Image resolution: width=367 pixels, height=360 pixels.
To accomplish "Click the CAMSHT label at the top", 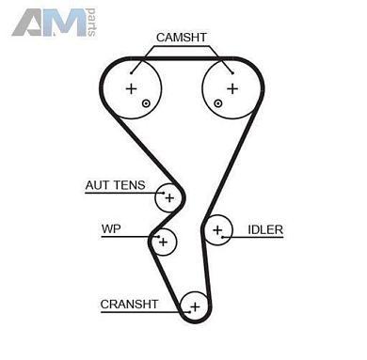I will click(x=182, y=37).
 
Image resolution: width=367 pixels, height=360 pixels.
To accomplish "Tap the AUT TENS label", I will click(x=115, y=185).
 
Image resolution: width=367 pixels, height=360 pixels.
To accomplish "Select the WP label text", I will click(x=111, y=229).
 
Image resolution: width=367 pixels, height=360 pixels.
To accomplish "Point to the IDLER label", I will click(x=265, y=229).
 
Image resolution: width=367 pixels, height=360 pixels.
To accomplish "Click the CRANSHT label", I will click(x=129, y=304).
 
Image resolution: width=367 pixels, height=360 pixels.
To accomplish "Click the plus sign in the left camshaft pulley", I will click(x=131, y=88).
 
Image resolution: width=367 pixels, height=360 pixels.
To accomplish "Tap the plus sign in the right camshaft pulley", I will click(x=231, y=88).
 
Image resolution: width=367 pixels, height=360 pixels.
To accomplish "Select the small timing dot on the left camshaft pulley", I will click(x=146, y=102).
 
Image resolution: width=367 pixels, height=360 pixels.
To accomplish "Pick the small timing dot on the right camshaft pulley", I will click(x=217, y=102).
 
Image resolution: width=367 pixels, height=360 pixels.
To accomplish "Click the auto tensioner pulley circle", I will click(x=169, y=197).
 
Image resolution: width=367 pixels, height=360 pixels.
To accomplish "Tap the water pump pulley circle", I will click(x=164, y=242).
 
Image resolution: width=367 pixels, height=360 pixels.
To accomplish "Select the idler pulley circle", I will click(x=218, y=229).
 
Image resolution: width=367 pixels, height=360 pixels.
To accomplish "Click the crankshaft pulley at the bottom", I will click(x=195, y=305).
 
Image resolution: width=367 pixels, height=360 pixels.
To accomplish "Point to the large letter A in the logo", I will click(x=29, y=21).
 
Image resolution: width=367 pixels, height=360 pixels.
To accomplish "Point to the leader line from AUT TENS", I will click(x=152, y=192).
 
